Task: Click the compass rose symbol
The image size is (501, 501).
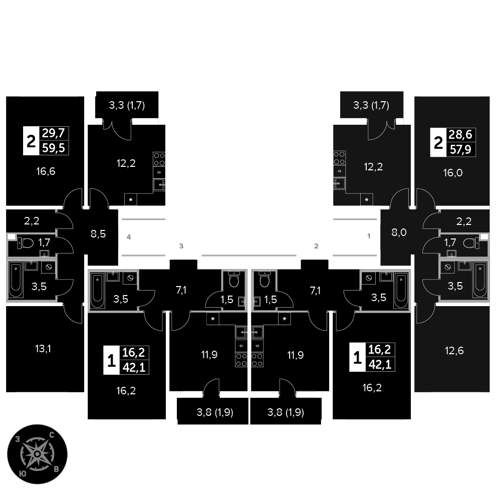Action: [38, 454]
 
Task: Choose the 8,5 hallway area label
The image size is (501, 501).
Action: [98, 233]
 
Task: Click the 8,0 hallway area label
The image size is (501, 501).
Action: [399, 232]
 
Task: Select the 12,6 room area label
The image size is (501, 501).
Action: [454, 350]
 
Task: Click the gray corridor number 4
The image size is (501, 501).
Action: [129, 236]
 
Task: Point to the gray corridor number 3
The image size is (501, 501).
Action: [182, 246]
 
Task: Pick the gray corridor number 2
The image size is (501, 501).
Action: [316, 246]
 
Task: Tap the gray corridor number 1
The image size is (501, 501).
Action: [369, 236]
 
